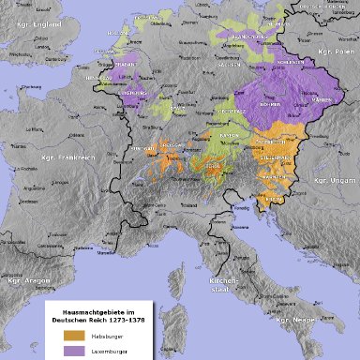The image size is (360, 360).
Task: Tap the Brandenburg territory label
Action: pos(234,37)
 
